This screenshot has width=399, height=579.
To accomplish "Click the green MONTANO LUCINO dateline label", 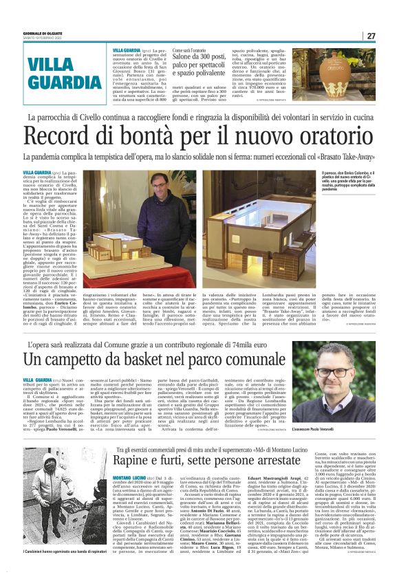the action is coord(130,474).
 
